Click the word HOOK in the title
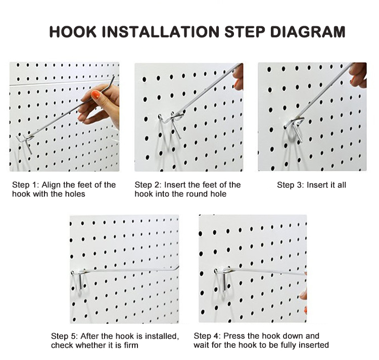point(73,32)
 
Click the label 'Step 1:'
point(25,185)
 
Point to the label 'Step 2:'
point(148,185)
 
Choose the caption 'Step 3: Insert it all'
point(311,185)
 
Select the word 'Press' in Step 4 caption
point(235,336)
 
